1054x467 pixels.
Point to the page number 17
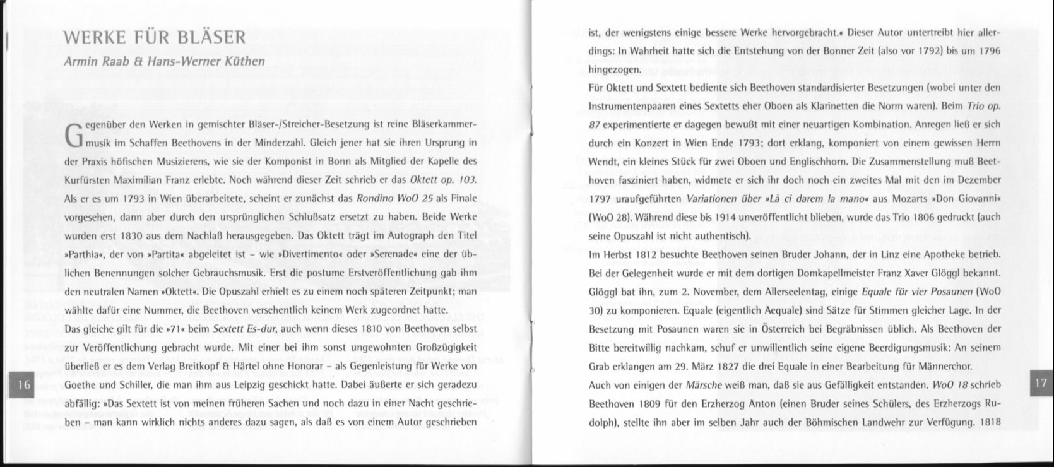tap(1041, 383)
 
